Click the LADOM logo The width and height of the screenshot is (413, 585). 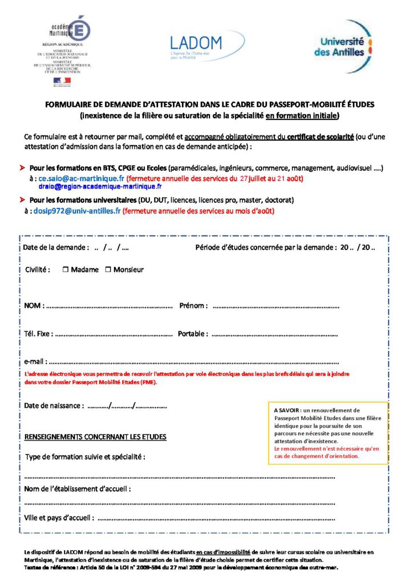(x=206, y=46)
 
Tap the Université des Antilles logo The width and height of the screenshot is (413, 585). (x=342, y=45)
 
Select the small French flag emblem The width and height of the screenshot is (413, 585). (x=62, y=81)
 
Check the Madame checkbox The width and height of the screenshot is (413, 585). (x=66, y=270)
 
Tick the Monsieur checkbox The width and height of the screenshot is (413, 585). (x=108, y=270)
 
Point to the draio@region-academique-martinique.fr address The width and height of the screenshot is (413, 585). (x=100, y=187)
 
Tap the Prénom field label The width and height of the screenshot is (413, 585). (x=193, y=306)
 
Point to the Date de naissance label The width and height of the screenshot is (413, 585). (x=54, y=406)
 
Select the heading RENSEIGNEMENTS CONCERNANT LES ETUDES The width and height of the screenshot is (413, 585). (x=95, y=437)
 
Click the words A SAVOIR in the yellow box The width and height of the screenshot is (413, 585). (x=287, y=410)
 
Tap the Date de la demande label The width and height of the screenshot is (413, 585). (x=56, y=248)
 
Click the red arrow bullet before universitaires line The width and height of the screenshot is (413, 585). (x=23, y=201)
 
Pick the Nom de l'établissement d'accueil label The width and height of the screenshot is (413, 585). (x=78, y=489)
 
